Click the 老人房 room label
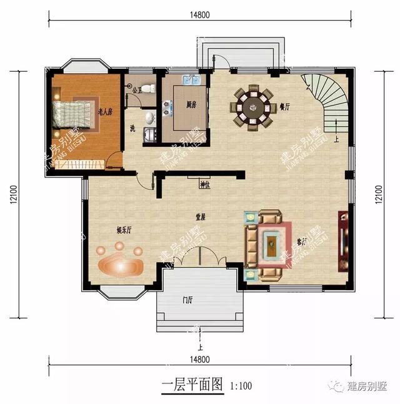105,113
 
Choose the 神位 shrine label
204,184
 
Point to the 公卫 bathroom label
137,89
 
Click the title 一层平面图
192,385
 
